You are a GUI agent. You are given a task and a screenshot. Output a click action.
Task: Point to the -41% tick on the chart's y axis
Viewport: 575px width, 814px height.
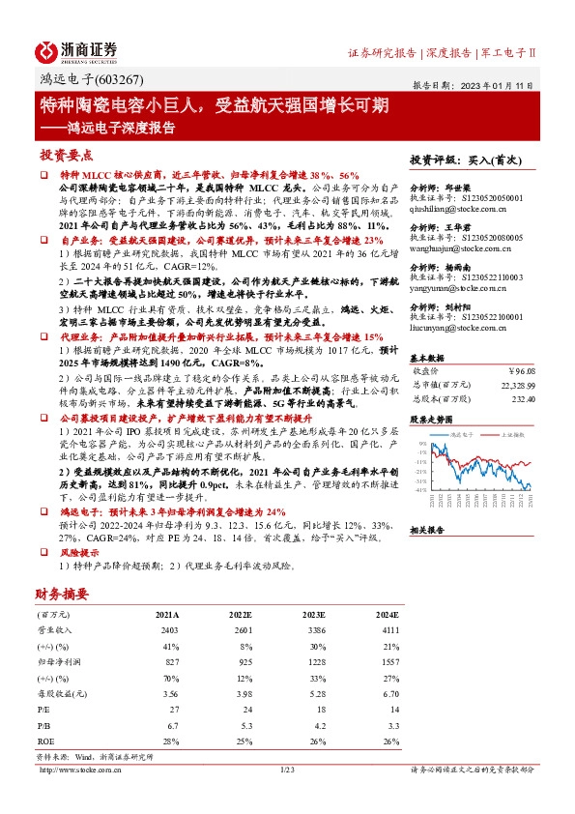[421, 490]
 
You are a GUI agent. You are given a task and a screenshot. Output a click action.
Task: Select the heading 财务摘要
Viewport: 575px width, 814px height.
[63, 593]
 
